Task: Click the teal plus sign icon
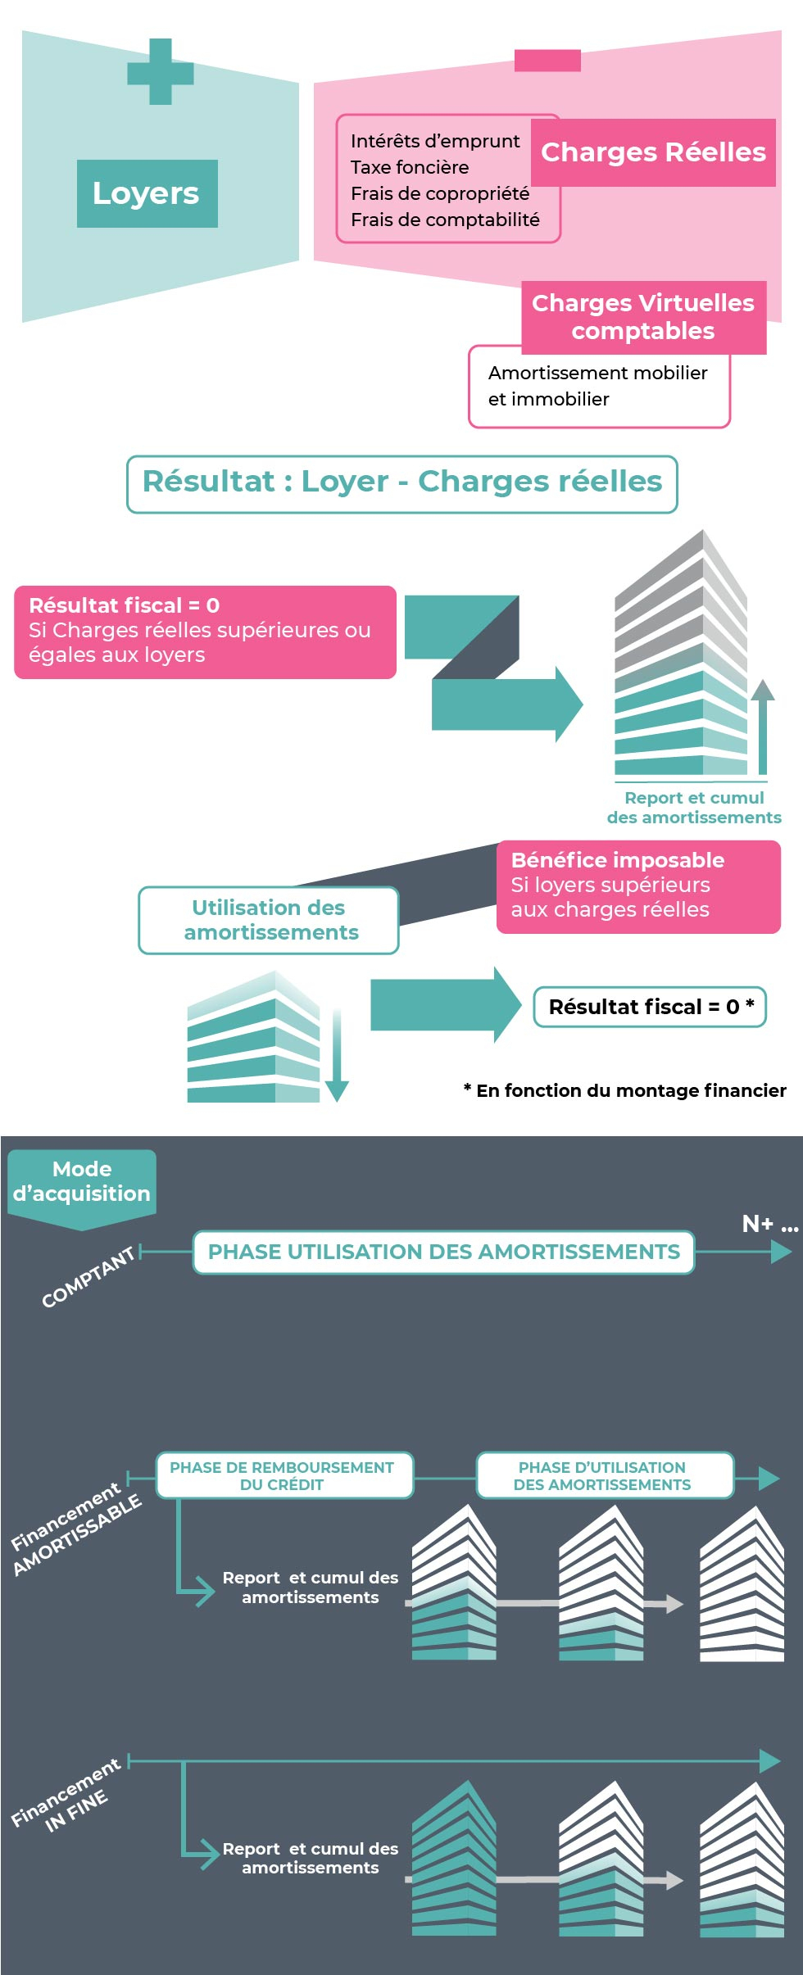pos(161,72)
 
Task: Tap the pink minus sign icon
pos(547,61)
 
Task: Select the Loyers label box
pos(147,193)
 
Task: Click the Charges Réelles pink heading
pos(653,152)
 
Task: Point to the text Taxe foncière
pos(410,167)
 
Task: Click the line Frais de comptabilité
pos(445,220)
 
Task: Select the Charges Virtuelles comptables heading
pos(643,317)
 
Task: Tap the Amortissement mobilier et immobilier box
pos(598,387)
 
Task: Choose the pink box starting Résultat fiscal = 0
pos(205,632)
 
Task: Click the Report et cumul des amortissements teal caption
pos(694,808)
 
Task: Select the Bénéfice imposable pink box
pos(638,886)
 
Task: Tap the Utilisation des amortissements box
pos(269,921)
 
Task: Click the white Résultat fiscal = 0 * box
pos(650,1007)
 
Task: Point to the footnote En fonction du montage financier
pos(625,1090)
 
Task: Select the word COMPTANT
pos(88,1277)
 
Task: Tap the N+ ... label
pos(769,1224)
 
